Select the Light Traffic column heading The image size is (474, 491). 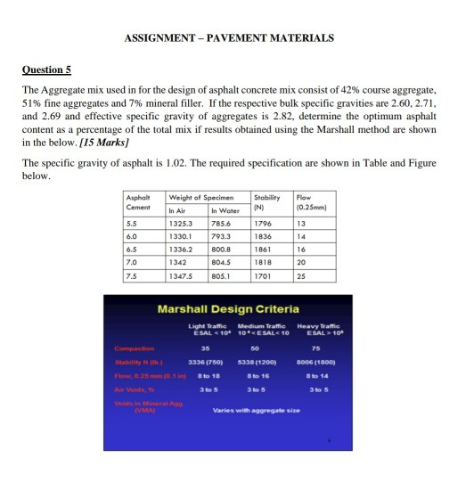(x=206, y=331)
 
